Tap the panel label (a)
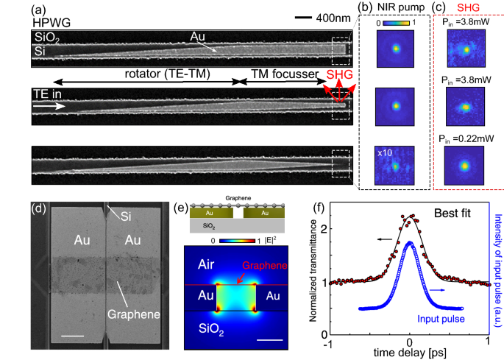point(43,10)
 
